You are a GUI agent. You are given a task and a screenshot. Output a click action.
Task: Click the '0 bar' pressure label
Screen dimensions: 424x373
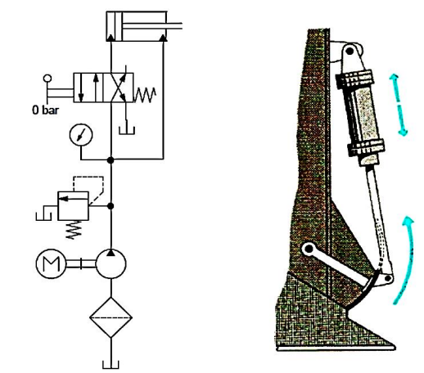[x=45, y=110]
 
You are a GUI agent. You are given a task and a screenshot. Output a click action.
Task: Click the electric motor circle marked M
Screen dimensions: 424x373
[x=51, y=263]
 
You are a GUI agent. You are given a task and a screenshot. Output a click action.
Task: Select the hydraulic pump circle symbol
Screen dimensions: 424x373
[x=111, y=263]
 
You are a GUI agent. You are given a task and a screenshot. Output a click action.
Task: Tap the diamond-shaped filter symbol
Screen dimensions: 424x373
[x=111, y=317]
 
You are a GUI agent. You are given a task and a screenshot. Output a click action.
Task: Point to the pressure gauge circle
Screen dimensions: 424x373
[x=81, y=135]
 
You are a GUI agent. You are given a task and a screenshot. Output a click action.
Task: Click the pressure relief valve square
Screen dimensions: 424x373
[x=73, y=206]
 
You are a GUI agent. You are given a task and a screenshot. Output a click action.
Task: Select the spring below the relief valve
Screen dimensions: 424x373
[x=74, y=230]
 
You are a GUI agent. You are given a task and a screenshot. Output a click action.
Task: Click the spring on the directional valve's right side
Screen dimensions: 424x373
[x=145, y=95]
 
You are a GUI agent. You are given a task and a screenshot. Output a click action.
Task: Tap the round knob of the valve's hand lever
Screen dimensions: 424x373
[x=47, y=79]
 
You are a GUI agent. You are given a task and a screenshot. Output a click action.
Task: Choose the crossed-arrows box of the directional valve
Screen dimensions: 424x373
[x=119, y=88]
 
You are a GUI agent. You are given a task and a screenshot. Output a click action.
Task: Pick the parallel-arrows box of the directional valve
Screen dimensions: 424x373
[x=88, y=88]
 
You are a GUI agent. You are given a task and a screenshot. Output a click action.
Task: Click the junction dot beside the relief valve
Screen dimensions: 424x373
[x=111, y=206]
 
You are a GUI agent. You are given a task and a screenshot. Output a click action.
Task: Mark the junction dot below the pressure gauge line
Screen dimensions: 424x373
[x=111, y=160]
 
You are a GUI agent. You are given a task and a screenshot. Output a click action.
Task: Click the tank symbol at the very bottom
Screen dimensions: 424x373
[x=111, y=365]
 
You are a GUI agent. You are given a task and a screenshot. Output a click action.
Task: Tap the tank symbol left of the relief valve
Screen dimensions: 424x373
[x=43, y=215]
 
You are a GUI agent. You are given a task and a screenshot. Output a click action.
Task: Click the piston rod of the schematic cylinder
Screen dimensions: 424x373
[x=152, y=26]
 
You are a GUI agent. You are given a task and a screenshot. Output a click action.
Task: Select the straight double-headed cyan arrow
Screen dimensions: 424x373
[x=398, y=105]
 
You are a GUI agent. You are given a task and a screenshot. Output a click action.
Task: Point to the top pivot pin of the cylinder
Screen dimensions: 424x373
[x=350, y=51]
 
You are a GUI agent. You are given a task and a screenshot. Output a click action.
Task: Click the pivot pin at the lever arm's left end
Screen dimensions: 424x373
[x=309, y=249]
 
